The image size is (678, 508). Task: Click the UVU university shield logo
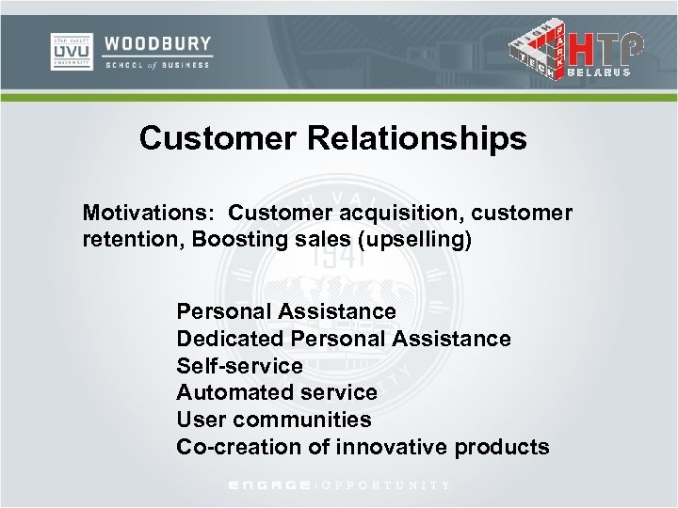(71, 51)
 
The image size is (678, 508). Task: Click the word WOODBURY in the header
(158, 43)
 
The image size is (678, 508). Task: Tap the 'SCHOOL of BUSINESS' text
(158, 64)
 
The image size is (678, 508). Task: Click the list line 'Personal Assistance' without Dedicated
(286, 310)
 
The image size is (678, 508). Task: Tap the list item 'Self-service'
(239, 365)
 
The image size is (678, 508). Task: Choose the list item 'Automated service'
(277, 392)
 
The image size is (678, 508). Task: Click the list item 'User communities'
(273, 420)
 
